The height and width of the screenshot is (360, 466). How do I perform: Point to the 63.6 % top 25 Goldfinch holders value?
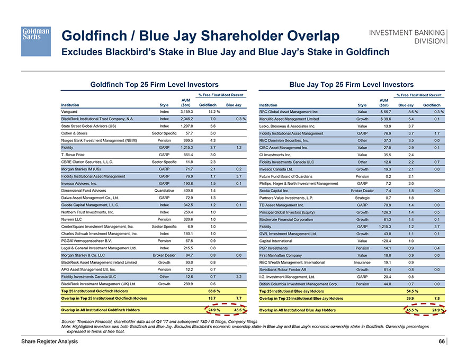tap(214, 291)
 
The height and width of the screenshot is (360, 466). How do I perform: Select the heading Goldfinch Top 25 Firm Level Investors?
tap(155, 84)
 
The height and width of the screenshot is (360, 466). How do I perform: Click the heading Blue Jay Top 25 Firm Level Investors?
tap(352, 84)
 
